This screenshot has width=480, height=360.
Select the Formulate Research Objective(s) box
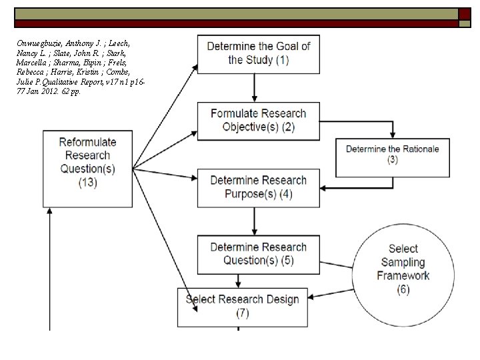(258, 121)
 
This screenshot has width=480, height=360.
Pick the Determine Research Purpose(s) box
(258, 188)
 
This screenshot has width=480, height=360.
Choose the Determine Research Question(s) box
(258, 255)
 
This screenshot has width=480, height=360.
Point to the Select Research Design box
(241, 306)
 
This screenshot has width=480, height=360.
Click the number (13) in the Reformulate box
(88, 182)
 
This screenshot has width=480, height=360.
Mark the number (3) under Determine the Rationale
(392, 161)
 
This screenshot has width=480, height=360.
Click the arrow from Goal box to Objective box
(254, 87)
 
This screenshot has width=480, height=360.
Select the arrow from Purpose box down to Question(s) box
(254, 221)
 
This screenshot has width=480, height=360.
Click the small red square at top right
(463, 15)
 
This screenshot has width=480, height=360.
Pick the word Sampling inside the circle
(403, 262)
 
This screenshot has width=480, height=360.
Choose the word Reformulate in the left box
(87, 142)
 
